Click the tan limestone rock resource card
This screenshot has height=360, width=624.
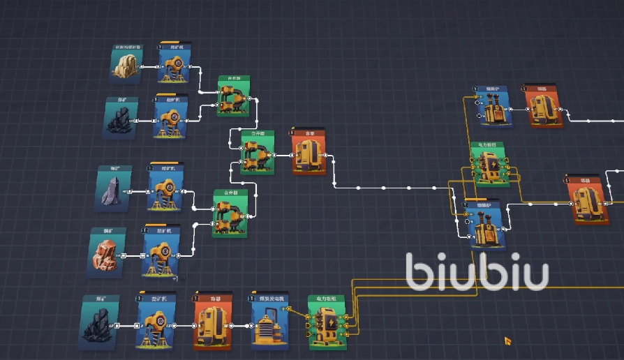[127, 64]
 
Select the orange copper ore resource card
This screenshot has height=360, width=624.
[107, 252]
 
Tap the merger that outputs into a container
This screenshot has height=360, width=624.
[257, 152]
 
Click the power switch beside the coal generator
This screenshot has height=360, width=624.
[326, 322]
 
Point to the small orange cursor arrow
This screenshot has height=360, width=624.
[509, 341]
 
